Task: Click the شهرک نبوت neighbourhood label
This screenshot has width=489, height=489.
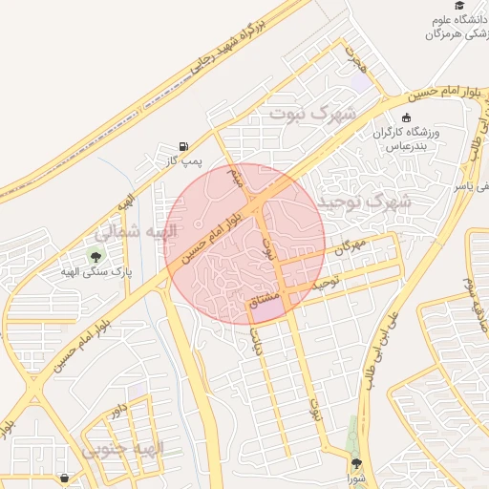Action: click(311, 115)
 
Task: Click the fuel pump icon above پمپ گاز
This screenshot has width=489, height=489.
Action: click(182, 145)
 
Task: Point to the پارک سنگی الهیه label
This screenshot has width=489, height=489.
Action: click(94, 272)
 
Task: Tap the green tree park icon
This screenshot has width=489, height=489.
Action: click(94, 255)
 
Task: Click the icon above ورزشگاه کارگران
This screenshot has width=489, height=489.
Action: click(407, 117)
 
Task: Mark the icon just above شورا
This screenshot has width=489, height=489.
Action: click(355, 464)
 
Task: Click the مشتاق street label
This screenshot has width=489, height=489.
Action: click(264, 306)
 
